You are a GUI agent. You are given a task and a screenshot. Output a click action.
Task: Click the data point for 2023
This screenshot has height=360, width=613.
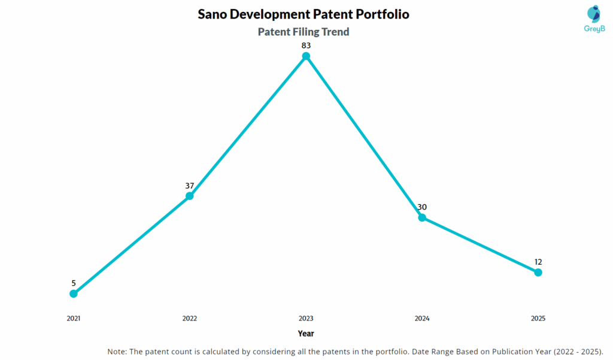tap(306, 56)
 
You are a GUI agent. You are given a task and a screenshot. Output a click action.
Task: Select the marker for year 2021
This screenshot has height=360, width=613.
tap(74, 294)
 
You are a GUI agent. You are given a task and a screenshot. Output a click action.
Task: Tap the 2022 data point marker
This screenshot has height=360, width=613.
tap(190, 196)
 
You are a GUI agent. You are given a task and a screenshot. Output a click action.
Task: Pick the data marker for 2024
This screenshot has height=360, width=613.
tap(422, 217)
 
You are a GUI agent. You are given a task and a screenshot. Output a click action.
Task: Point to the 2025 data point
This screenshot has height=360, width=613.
tap(538, 273)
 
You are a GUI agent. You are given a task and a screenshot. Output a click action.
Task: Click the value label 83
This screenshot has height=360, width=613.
tap(306, 45)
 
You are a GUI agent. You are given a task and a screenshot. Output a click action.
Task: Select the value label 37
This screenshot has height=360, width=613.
tap(190, 185)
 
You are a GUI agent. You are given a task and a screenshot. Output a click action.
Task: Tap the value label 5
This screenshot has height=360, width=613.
tap(74, 283)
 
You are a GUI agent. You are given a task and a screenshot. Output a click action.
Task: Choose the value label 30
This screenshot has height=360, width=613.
tap(422, 207)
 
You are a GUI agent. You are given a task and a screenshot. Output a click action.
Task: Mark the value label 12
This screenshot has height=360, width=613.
tap(538, 262)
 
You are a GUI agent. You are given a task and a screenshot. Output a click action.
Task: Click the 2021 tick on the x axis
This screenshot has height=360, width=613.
tap(74, 319)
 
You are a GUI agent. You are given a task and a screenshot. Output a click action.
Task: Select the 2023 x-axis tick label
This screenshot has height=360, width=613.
tap(306, 319)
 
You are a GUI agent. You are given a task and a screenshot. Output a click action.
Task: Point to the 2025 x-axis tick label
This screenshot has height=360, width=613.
tap(538, 319)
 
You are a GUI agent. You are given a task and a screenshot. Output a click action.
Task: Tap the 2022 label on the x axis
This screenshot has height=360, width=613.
tap(190, 319)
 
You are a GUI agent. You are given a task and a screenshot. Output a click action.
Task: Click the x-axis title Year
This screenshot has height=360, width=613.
tap(306, 334)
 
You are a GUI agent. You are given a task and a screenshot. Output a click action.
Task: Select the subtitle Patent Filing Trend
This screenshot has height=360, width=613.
tap(304, 32)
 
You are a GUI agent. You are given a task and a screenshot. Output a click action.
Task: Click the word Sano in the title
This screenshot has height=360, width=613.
tap(213, 14)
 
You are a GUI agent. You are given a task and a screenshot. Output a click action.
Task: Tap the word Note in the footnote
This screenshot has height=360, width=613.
tap(119, 351)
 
